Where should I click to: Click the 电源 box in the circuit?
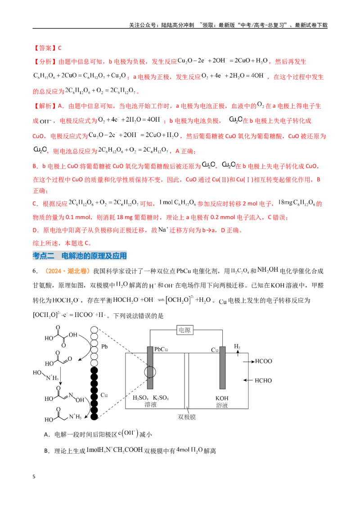pyautogui.click(x=184, y=330)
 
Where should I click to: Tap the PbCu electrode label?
pyautogui.click(x=161, y=349)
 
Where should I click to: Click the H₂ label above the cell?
pyautogui.click(x=237, y=347)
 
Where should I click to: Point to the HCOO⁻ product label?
pyautogui.click(x=264, y=361)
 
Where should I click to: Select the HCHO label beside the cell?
pyautogui.click(x=263, y=380)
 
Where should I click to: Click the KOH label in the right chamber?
pyautogui.click(x=222, y=398)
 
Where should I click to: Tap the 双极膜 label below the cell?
pyautogui.click(x=187, y=417)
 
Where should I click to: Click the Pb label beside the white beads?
pyautogui.click(x=104, y=347)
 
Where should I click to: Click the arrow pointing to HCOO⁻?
pyautogui.click(x=249, y=362)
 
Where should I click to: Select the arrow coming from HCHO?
pyautogui.click(x=248, y=380)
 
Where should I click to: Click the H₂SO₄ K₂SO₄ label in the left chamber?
pyautogui.click(x=151, y=397)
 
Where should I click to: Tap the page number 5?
pyautogui.click(x=34, y=477)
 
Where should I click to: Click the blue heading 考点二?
pyautogui.click(x=44, y=256)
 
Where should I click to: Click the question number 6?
pyautogui.click(x=35, y=271)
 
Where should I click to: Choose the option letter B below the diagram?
pyautogui.click(x=46, y=451)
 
